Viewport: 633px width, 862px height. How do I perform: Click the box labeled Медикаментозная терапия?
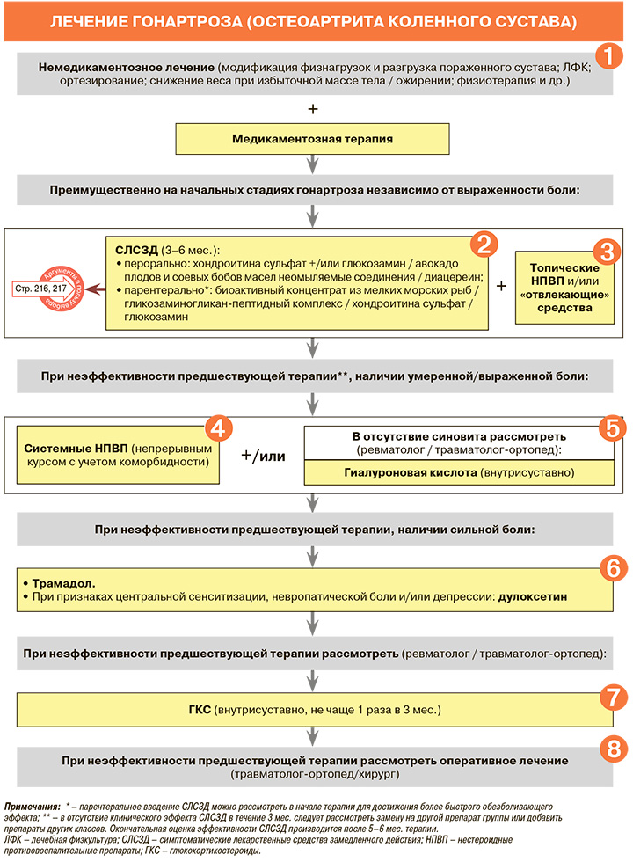click(x=312, y=139)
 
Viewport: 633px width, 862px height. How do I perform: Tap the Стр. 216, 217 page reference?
click(x=40, y=288)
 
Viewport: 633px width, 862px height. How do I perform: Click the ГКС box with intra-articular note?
click(x=312, y=709)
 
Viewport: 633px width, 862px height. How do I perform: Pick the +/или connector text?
click(x=263, y=454)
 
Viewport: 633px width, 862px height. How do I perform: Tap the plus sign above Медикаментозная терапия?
click(x=312, y=109)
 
